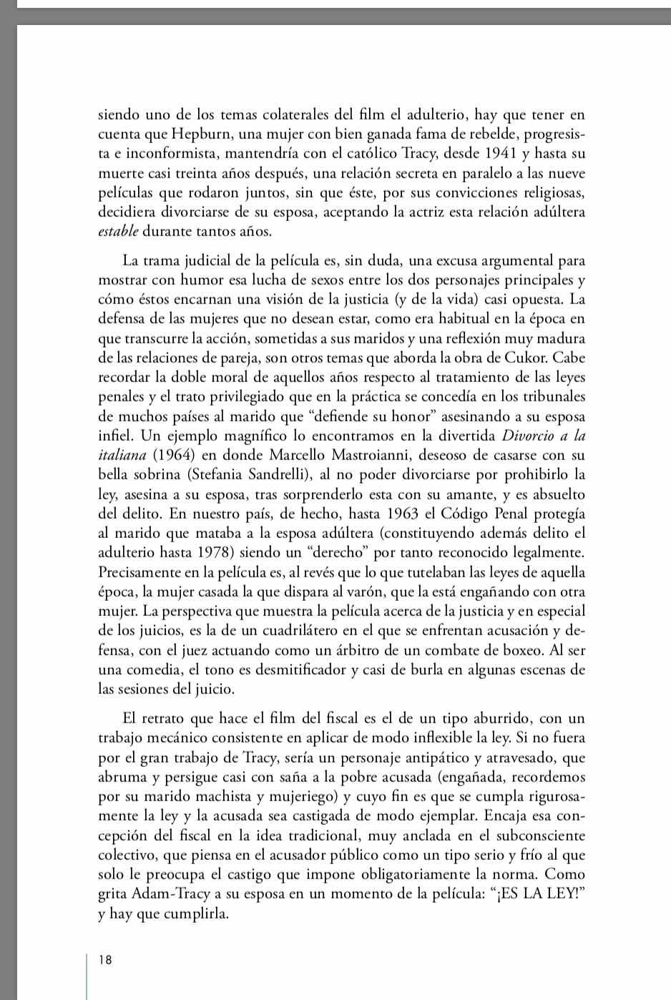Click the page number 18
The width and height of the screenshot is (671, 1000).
coord(106,960)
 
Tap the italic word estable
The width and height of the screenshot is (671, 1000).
coord(118,231)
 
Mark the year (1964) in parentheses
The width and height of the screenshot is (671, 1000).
coord(177,455)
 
